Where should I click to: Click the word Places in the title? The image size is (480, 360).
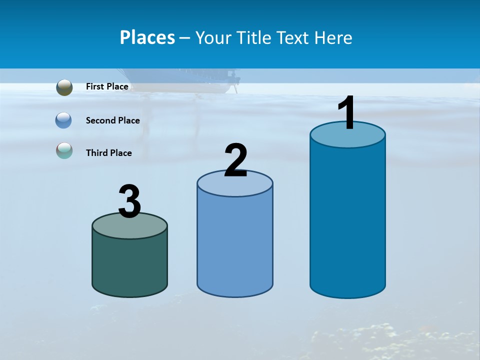point(147,37)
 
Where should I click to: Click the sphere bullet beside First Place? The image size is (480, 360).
point(64,87)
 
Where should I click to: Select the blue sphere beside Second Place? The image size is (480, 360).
point(63,120)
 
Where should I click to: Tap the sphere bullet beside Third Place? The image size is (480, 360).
point(64,150)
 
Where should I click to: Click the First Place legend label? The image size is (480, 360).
point(107,86)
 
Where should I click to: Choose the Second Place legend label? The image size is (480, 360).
point(112,120)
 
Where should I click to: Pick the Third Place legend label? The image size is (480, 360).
point(108,153)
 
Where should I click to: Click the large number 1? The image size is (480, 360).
point(347,113)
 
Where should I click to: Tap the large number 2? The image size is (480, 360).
point(235,160)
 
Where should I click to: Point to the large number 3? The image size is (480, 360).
point(130,201)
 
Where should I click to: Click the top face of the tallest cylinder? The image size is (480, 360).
point(347,137)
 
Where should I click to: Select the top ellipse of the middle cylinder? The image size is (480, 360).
point(235,185)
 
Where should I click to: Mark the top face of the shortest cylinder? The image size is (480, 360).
point(129,228)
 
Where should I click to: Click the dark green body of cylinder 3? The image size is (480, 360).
point(129,265)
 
